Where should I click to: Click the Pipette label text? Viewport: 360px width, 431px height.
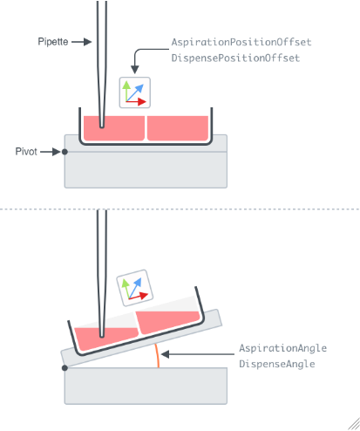point(53,42)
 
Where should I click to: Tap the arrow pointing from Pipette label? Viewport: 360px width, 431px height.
point(82,42)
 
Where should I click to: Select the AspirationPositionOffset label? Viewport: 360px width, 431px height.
point(241,42)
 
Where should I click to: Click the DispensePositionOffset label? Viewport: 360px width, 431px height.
point(235,58)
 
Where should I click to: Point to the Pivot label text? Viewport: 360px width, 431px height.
point(26,152)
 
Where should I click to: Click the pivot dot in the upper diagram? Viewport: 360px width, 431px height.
point(65,152)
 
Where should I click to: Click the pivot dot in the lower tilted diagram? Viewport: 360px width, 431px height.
point(65,368)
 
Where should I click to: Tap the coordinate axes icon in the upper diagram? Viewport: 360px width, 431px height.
point(135,92)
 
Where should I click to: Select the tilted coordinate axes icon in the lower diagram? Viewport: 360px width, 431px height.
point(135,288)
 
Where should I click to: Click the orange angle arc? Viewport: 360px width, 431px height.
point(158,355)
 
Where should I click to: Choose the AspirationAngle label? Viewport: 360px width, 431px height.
point(282,348)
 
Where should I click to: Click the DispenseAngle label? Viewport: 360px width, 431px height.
point(277,364)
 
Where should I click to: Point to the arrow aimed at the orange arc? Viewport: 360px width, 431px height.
point(198,354)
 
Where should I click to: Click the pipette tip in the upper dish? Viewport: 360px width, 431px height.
point(102,127)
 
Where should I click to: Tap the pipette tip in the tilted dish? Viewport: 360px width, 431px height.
point(102,336)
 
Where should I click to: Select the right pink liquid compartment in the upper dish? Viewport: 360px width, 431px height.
point(178,128)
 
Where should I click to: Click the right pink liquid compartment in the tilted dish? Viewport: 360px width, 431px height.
point(168,321)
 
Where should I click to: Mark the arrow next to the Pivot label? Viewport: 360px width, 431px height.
point(51,152)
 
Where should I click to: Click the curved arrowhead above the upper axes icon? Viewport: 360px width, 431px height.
point(134,70)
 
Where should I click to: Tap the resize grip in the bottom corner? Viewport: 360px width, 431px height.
point(354,425)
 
